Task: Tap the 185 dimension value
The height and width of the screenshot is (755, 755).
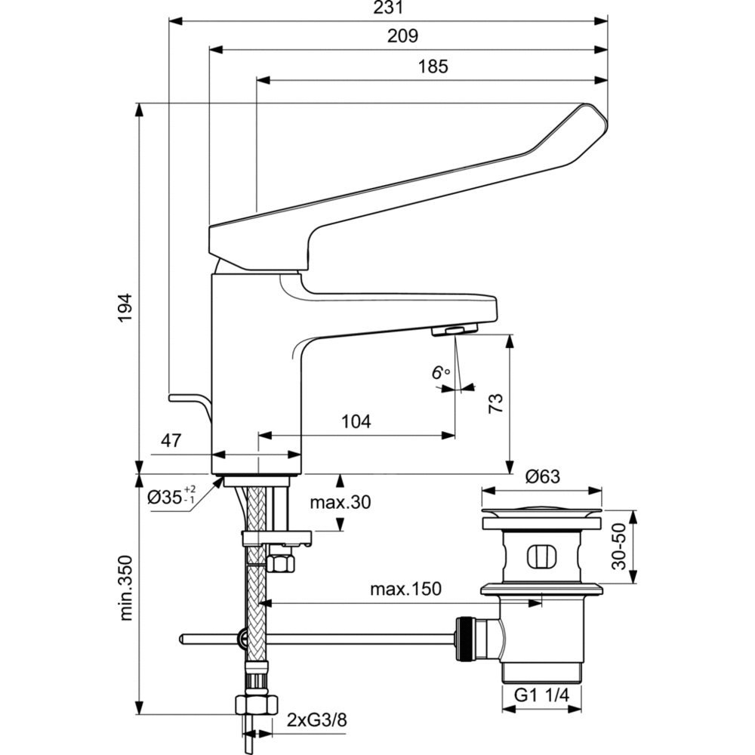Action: pos(433,66)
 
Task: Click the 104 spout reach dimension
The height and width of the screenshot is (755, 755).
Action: pos(356,421)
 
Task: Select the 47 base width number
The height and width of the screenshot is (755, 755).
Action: pos(171,442)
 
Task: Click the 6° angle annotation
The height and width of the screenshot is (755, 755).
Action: pos(440,372)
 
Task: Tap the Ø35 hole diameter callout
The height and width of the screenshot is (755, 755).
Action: pos(172,497)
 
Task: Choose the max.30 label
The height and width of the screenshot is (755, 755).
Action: pos(340,503)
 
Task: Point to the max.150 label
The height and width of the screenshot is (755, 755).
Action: pos(405,588)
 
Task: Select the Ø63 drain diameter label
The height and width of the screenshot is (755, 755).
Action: pos(542,476)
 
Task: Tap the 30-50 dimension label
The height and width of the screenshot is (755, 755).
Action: pos(619,547)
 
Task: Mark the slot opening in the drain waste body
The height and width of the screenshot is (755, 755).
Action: pos(541,556)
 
